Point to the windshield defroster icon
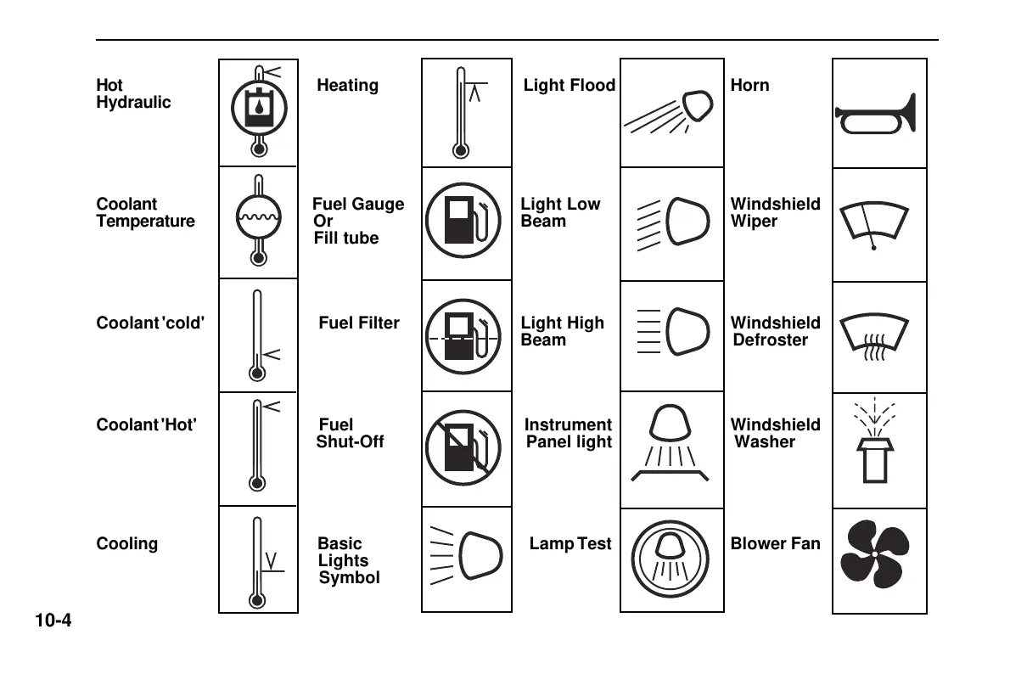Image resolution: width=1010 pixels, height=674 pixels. point(874,337)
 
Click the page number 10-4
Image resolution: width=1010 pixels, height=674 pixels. point(53,621)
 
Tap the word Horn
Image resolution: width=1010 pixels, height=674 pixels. point(749,85)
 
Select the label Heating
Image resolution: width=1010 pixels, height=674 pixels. point(347,85)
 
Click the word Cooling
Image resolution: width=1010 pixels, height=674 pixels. point(126,543)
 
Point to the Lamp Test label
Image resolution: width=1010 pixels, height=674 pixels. point(570,543)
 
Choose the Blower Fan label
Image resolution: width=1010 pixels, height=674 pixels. point(775,543)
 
